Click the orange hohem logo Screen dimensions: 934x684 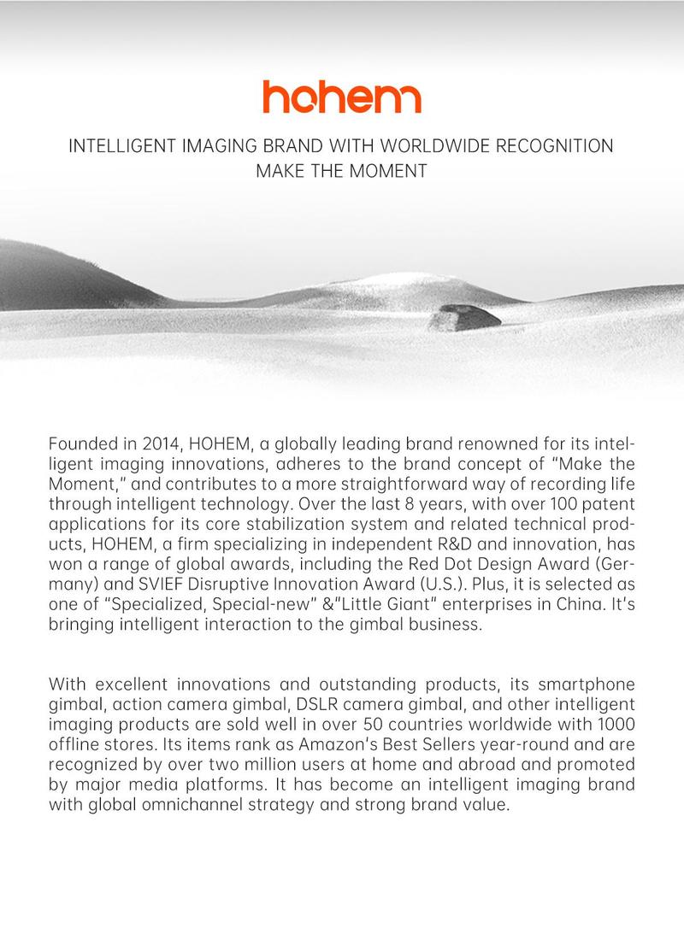coord(341,97)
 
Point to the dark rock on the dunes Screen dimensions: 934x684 coord(464,317)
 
